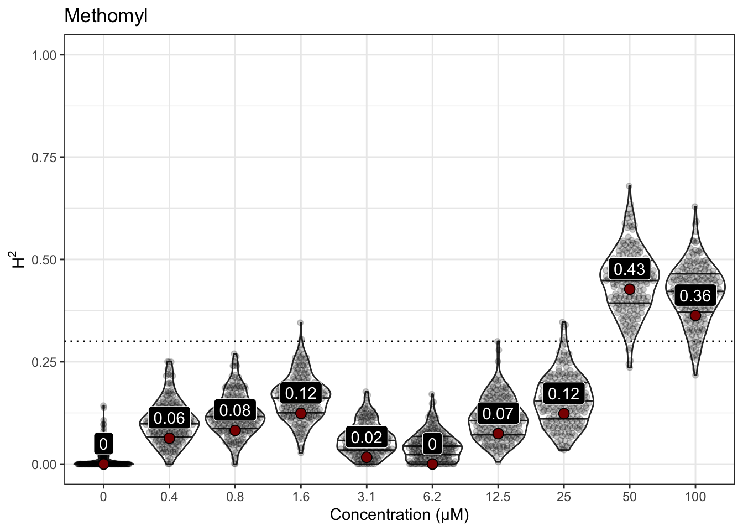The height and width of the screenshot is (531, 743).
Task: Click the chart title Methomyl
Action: point(106,15)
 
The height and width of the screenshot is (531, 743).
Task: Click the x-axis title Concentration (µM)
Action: point(399,515)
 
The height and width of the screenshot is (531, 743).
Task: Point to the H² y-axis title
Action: point(19,259)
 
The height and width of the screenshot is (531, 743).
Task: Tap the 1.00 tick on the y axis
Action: point(44,55)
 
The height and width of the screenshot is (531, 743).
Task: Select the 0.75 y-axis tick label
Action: point(44,157)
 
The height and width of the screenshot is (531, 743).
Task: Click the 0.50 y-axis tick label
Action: point(44,259)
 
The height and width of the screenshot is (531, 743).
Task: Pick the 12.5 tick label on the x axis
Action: point(498,497)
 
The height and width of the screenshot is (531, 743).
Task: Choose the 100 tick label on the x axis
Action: point(695,497)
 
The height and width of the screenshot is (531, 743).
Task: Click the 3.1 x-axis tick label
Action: point(366,497)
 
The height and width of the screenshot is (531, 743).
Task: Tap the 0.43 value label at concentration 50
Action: point(629,269)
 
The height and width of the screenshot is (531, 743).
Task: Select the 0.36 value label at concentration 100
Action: point(695,296)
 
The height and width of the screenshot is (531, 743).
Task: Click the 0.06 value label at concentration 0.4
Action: point(169,418)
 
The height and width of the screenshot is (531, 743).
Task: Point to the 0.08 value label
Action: point(235,410)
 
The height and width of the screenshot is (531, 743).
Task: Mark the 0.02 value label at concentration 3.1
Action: point(367,438)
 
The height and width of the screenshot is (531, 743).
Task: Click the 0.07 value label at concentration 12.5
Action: point(498,413)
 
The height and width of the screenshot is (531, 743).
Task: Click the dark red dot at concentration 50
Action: point(629,289)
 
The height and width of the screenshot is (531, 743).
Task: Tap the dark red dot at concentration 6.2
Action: point(432,464)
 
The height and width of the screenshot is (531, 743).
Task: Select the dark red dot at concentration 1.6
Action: point(301,413)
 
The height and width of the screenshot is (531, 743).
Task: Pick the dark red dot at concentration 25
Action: point(564,413)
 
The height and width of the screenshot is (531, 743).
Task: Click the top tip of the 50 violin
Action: point(629,186)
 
